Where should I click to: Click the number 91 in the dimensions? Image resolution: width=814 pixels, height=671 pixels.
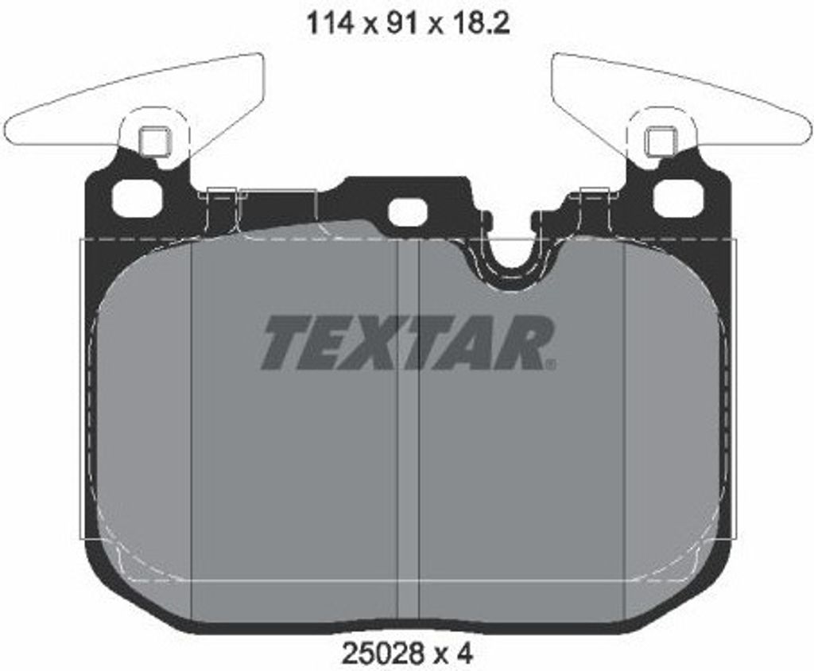pos(401,24)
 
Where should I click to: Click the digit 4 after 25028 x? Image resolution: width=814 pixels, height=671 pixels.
pos(465,654)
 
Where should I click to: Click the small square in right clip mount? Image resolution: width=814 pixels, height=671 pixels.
pos(660,142)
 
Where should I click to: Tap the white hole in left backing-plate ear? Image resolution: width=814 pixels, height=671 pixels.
pos(137,198)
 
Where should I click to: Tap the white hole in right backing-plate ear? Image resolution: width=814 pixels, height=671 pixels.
pos(677,198)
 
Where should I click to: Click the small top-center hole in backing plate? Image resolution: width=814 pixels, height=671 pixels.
pos(407,211)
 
